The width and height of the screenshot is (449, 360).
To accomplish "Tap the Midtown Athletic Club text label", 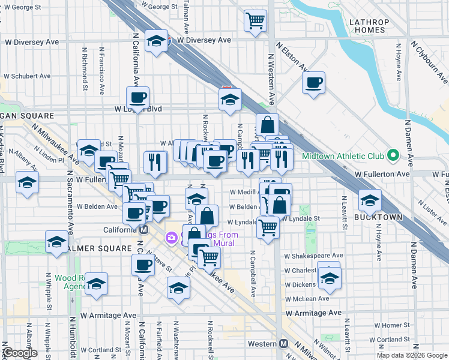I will [351, 156].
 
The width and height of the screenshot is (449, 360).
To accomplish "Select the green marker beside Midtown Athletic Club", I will [393, 156].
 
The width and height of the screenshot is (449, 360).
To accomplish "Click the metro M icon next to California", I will [144, 230].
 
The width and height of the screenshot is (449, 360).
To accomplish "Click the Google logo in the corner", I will [20, 353].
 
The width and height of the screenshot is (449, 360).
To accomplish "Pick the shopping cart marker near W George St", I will [255, 20].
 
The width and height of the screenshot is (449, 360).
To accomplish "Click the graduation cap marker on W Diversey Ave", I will [156, 41].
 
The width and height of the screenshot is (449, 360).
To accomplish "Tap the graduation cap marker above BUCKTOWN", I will [370, 200].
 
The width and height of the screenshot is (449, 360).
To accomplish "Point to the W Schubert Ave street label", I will [27, 76].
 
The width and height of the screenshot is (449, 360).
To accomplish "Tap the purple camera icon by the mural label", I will [172, 238].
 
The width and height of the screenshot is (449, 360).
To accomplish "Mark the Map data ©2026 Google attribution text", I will [411, 355].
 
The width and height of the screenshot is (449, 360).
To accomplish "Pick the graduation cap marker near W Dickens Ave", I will [329, 277].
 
